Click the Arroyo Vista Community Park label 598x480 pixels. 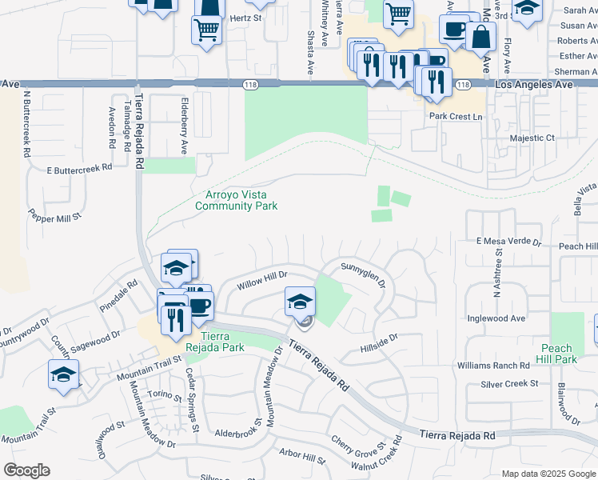pyautogui.click(x=237, y=200)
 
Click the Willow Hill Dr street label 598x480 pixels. pyautogui.click(x=261, y=280)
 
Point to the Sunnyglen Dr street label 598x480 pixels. pyautogui.click(x=365, y=274)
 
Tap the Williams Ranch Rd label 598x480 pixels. pyautogui.click(x=493, y=365)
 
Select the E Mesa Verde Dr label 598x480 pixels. pyautogui.click(x=509, y=241)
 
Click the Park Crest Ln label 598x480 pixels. pyautogui.click(x=457, y=117)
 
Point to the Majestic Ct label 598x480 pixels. pyautogui.click(x=532, y=138)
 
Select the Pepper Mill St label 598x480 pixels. pyautogui.click(x=55, y=217)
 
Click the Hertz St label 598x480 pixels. pyautogui.click(x=245, y=17)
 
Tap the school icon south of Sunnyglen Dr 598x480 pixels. pyautogui.click(x=300, y=302)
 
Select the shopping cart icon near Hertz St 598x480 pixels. pyautogui.click(x=205, y=30)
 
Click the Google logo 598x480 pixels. pyautogui.click(x=26, y=470)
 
